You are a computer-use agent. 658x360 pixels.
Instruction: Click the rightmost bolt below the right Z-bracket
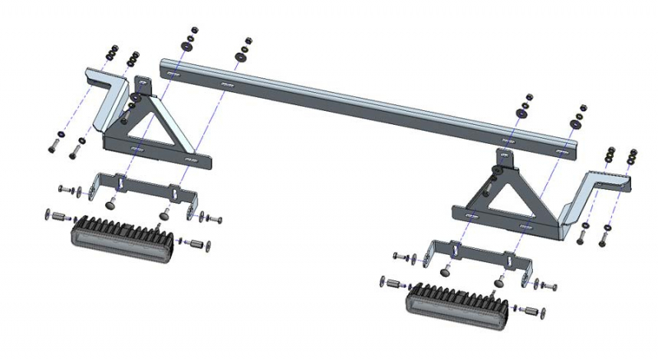605,239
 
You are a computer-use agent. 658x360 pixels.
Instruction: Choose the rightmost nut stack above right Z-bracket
632,156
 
